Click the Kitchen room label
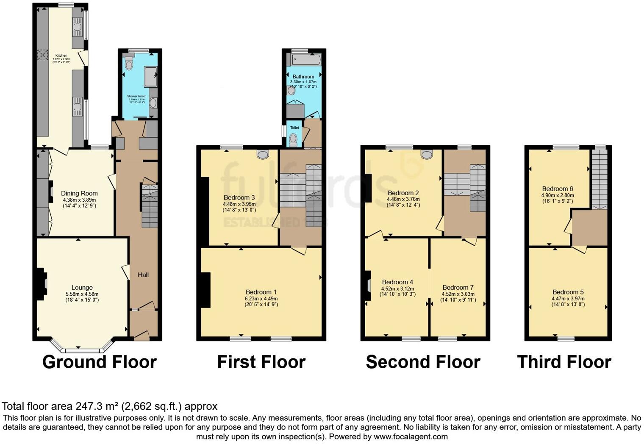pyautogui.click(x=61, y=55)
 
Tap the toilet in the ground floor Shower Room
pyautogui.click(x=129, y=64)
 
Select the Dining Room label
pyautogui.click(x=79, y=194)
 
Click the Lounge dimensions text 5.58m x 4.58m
pyautogui.click(x=82, y=294)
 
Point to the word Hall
pyautogui.click(x=143, y=275)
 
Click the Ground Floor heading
pyautogui.click(x=100, y=362)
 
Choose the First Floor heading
pyautogui.click(x=261, y=362)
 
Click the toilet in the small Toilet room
pyautogui.click(x=293, y=139)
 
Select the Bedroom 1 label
pyautogui.click(x=261, y=292)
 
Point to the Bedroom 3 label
pyautogui.click(x=239, y=197)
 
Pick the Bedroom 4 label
pyautogui.click(x=397, y=282)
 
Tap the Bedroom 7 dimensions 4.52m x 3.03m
pyautogui.click(x=458, y=294)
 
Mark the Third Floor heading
pyautogui.click(x=564, y=362)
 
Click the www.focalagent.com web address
pyautogui.click(x=410, y=436)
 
